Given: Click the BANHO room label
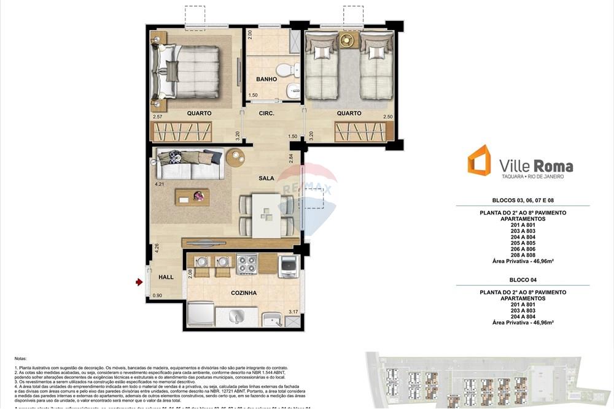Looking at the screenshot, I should [x=266, y=79].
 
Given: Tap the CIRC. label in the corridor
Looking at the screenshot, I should [x=266, y=113].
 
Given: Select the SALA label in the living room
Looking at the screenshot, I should [x=266, y=178].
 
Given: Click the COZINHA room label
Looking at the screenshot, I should [x=244, y=293].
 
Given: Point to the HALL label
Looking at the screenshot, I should [x=166, y=277].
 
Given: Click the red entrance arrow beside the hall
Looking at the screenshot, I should [x=139, y=282].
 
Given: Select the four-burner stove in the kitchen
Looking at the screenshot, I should [x=247, y=264].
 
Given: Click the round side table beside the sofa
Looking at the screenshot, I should [x=235, y=157].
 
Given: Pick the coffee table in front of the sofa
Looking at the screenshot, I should [x=192, y=197].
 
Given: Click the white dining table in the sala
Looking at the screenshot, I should [x=265, y=214].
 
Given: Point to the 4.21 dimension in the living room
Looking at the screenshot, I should [x=160, y=184].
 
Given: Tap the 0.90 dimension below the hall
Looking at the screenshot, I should [x=158, y=296].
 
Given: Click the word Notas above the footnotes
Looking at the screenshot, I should [x=20, y=357].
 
